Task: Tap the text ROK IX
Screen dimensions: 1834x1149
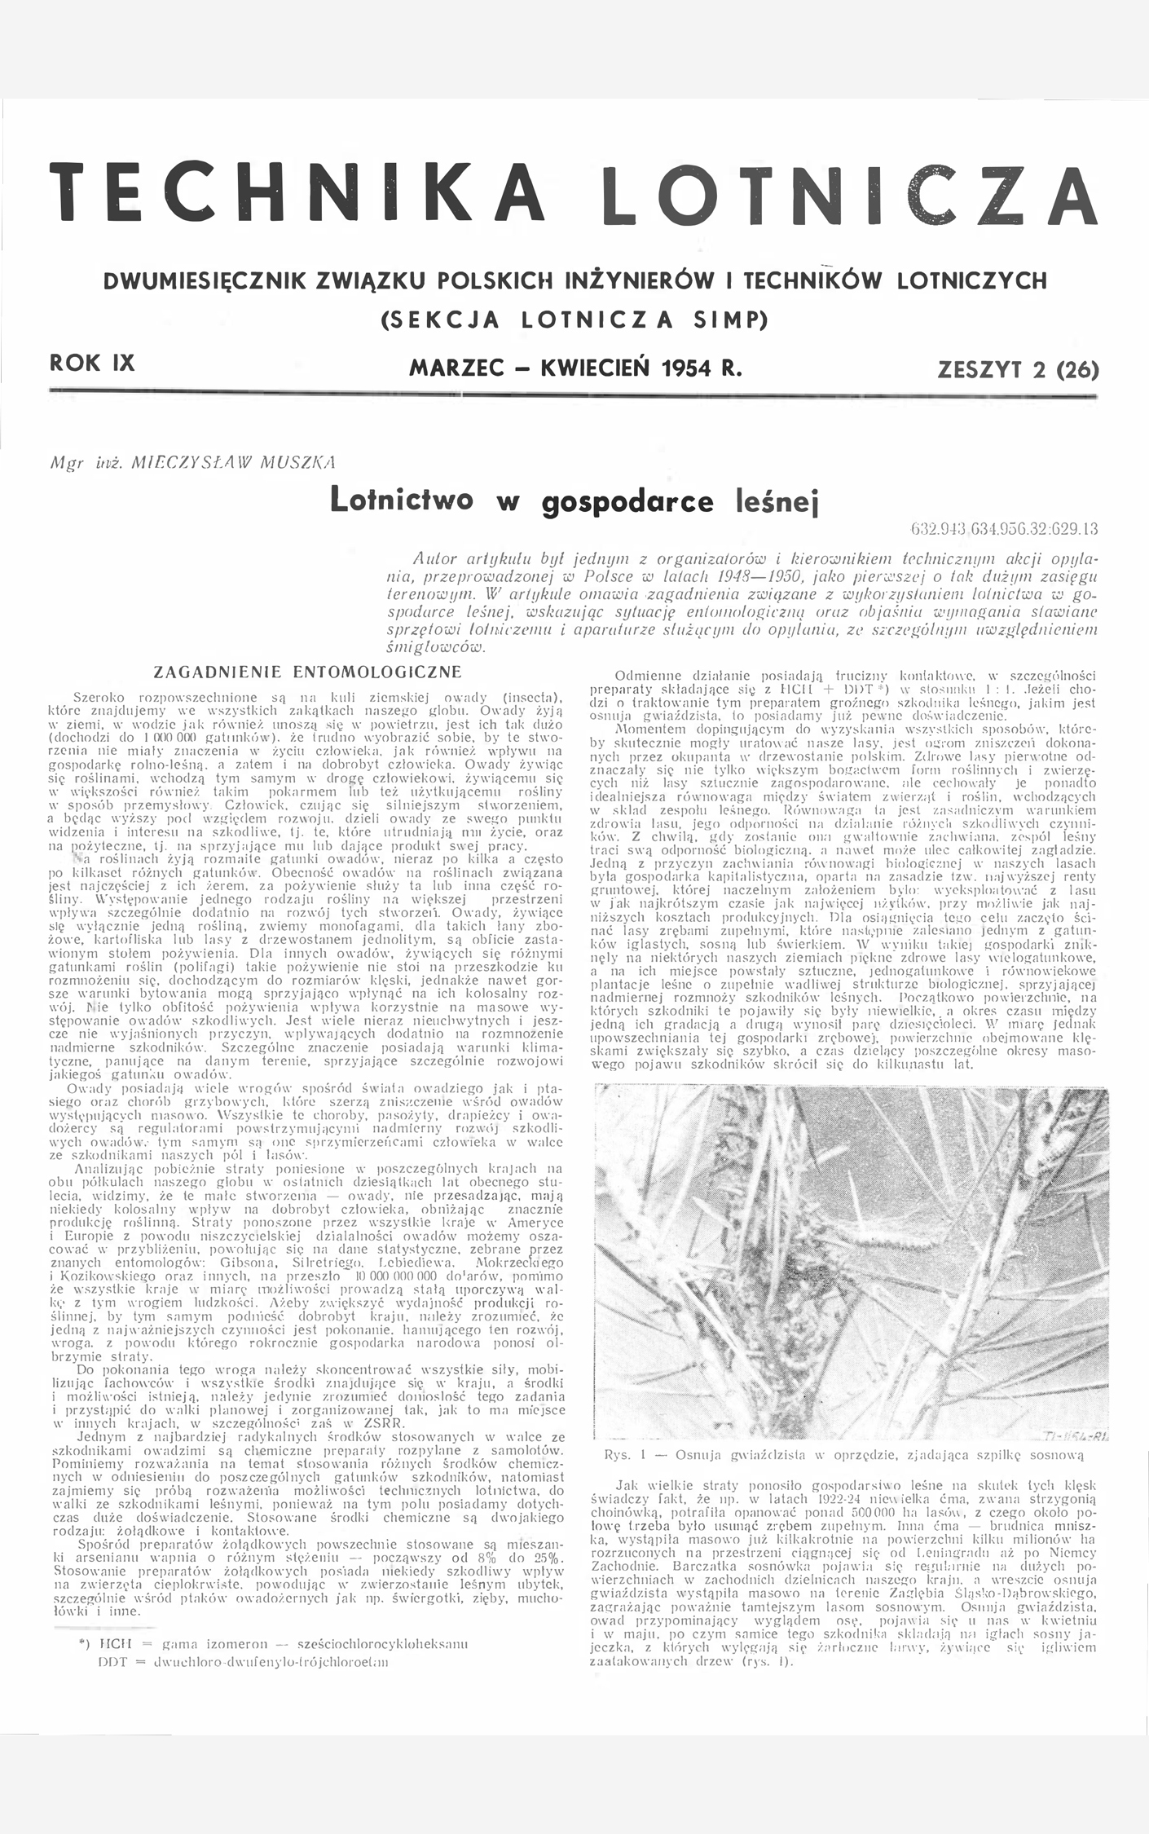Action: (x=92, y=364)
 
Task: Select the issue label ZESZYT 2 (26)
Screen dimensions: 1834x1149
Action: (x=1018, y=370)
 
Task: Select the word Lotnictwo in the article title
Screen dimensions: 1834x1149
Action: (x=402, y=499)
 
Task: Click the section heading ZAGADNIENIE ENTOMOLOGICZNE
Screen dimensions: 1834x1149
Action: (x=307, y=672)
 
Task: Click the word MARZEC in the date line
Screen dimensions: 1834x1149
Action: (x=451, y=368)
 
